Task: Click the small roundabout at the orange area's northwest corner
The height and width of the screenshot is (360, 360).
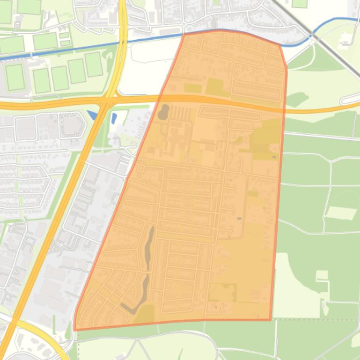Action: tap(184, 24)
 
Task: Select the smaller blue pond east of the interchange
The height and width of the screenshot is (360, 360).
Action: tap(114, 118)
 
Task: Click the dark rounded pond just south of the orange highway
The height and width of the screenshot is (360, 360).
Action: tap(164, 112)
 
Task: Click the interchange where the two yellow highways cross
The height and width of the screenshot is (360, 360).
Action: tap(108, 101)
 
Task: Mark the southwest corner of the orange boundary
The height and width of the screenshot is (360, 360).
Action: tap(75, 329)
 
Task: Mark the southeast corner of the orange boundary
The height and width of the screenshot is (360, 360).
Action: tap(271, 320)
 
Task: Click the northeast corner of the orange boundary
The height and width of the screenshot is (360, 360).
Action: tap(280, 45)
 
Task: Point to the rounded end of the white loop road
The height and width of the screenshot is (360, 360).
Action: tap(345, 100)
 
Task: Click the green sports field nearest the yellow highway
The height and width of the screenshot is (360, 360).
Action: tap(94, 65)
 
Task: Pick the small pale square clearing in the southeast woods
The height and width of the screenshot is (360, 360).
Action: tap(322, 275)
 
